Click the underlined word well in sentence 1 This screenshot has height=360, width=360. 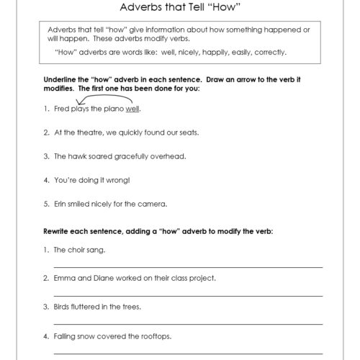pyautogui.click(x=132, y=109)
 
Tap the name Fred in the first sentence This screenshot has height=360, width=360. pyautogui.click(x=60, y=109)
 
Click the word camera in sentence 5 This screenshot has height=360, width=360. pyautogui.click(x=153, y=204)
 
